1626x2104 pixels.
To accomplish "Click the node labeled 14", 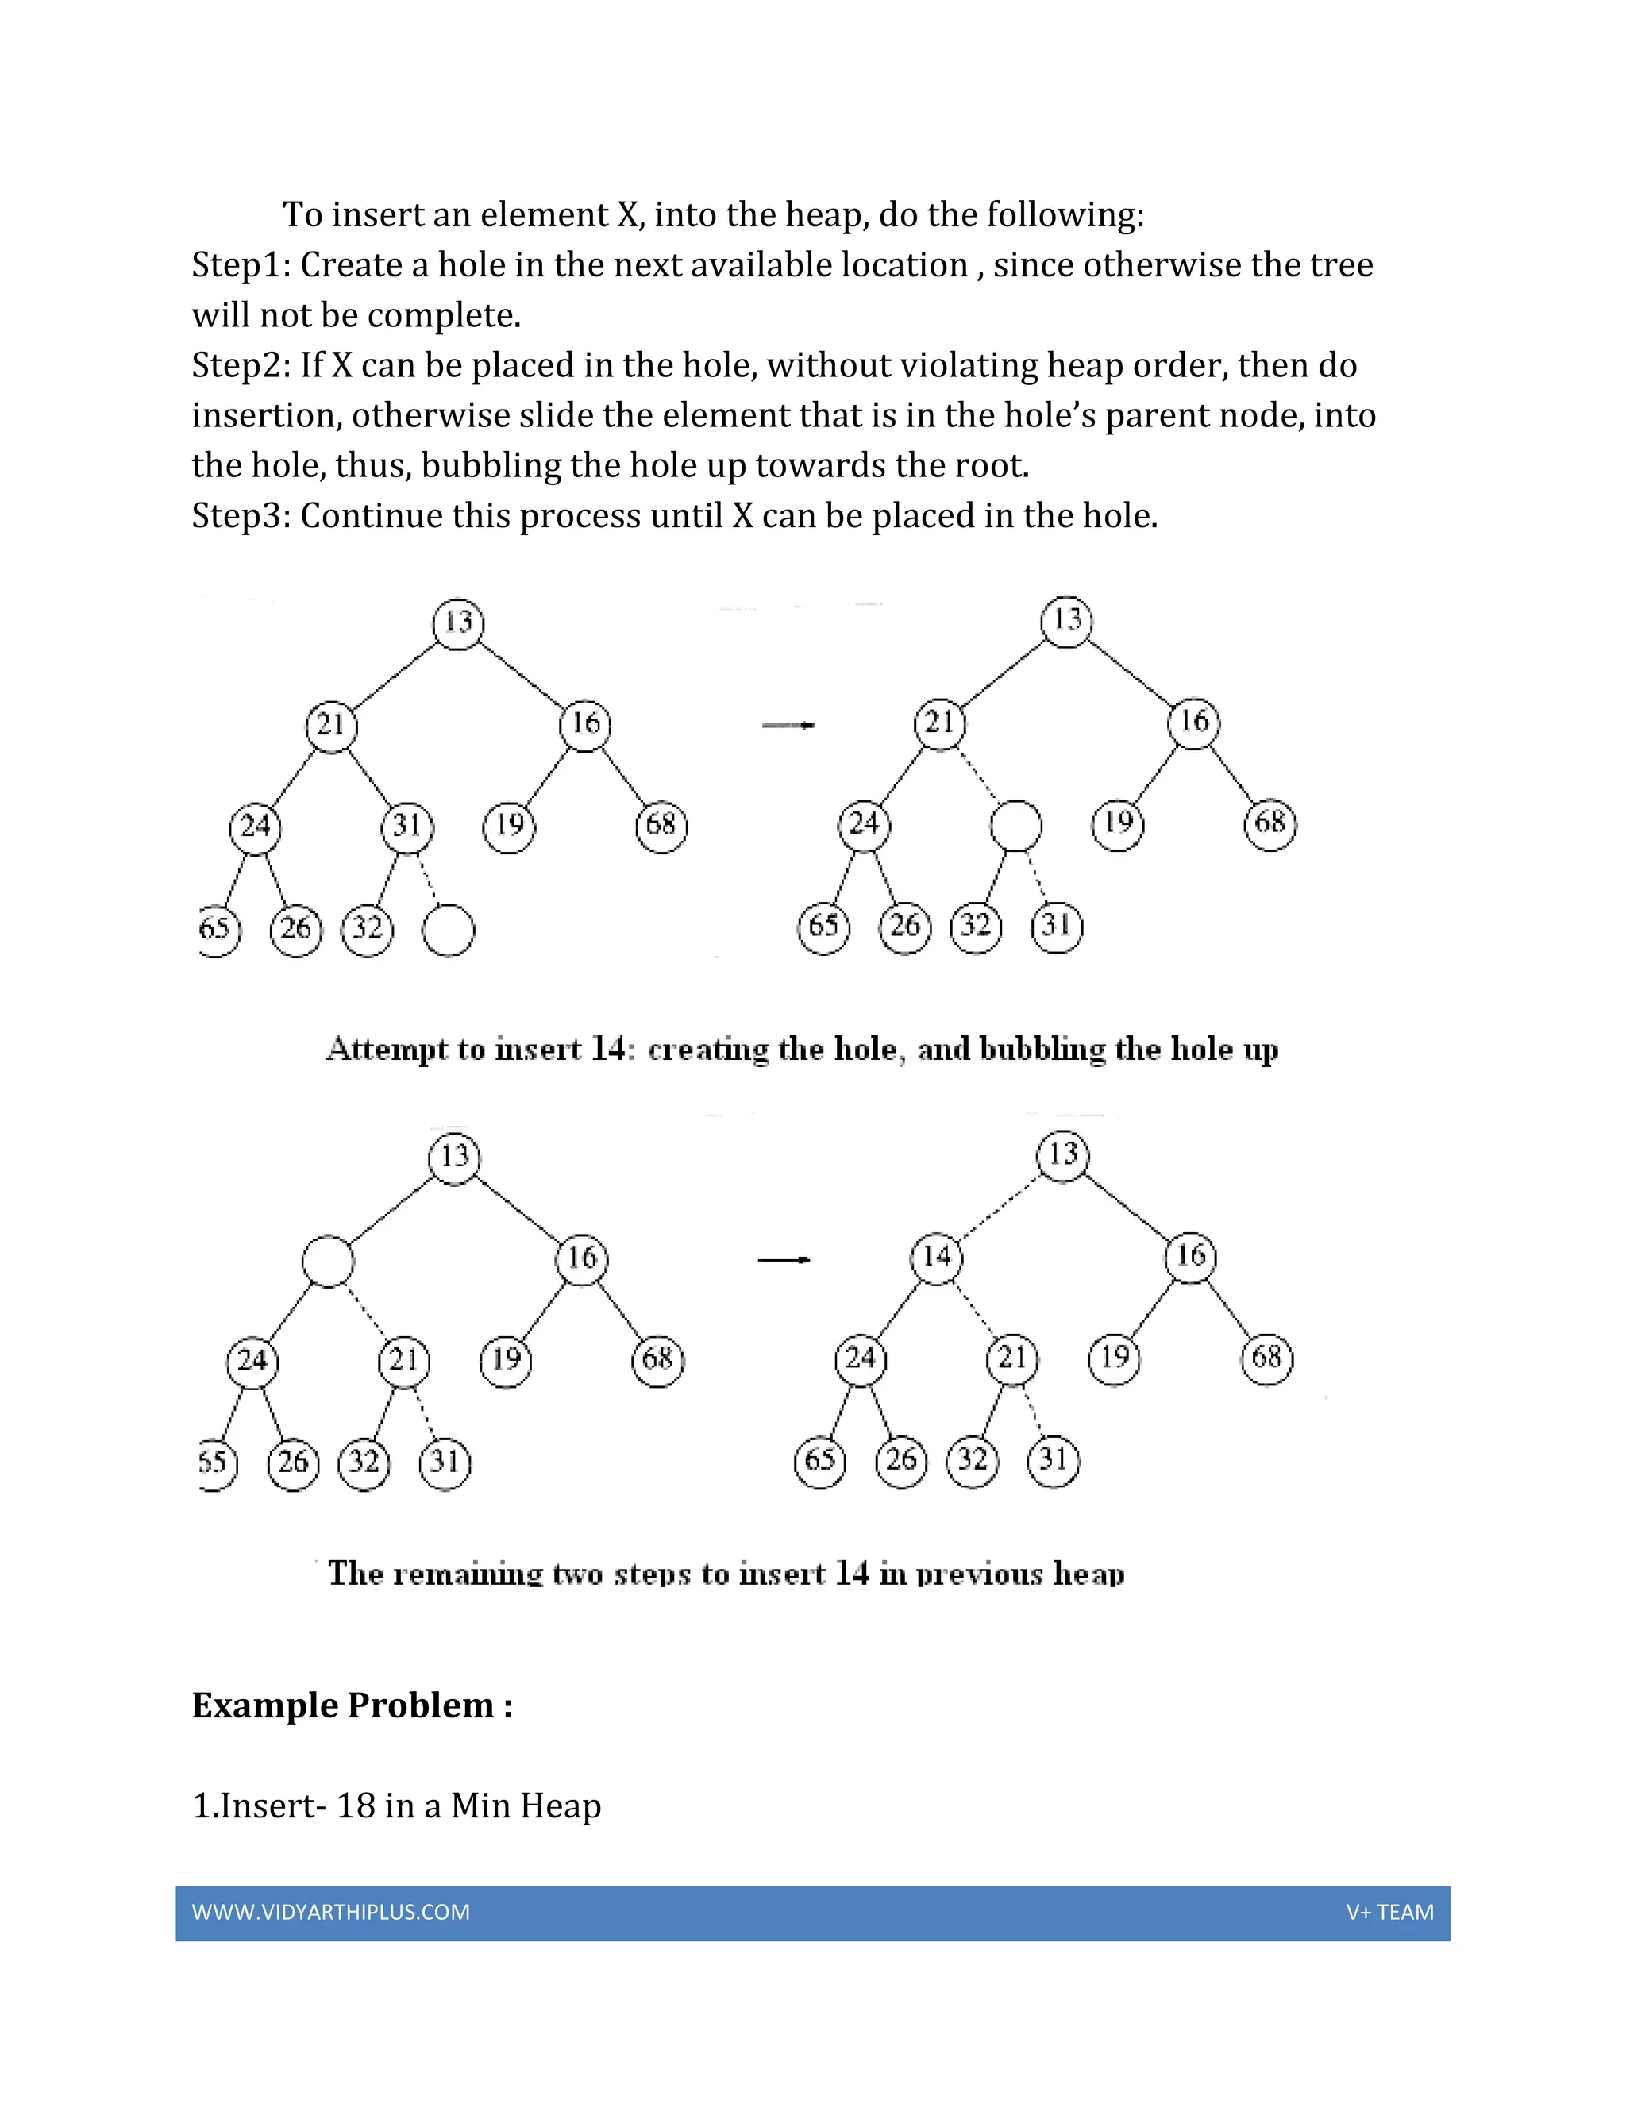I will point(936,1256).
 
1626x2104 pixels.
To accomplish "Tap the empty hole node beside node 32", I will point(449,931).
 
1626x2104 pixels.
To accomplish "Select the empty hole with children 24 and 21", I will point(328,1261).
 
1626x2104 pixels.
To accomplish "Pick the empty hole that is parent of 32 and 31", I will point(1016,827).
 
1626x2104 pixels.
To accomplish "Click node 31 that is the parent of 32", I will point(407,827).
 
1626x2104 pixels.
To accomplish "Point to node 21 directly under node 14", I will point(1012,1359).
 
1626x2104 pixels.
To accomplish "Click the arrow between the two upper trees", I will point(788,724).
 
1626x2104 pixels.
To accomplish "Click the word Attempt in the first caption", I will point(387,1048).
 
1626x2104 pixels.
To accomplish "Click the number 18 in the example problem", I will point(356,1805).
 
